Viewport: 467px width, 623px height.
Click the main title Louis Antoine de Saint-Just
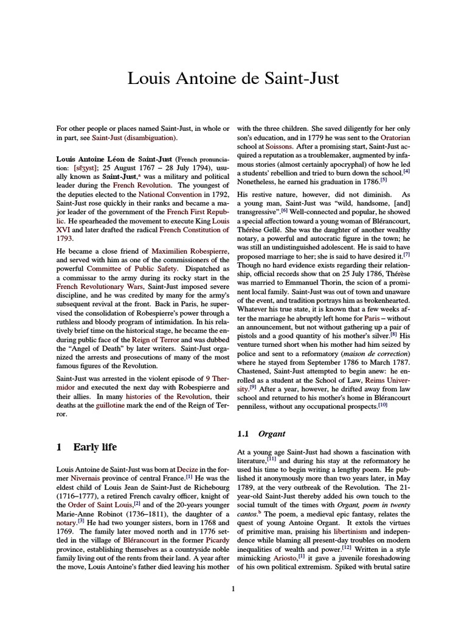click(233, 78)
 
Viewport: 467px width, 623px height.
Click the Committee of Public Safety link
click(125, 268)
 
